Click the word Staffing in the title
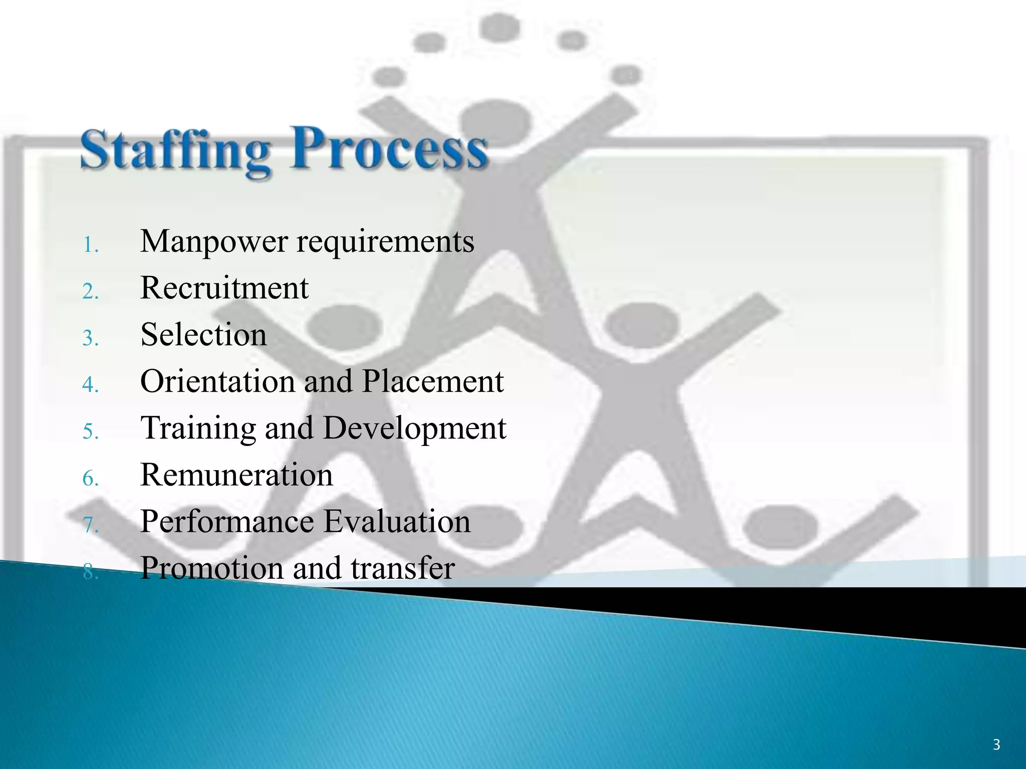point(175,150)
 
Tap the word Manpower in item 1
point(214,242)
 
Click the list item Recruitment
point(224,288)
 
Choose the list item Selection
point(203,335)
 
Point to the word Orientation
point(217,381)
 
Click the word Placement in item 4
point(432,381)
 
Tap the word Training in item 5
point(198,429)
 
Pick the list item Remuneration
point(236,475)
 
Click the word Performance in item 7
point(227,522)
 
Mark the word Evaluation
point(397,522)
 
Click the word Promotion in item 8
point(212,568)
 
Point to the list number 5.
point(90,432)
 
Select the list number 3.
point(90,338)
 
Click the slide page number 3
point(996,745)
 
